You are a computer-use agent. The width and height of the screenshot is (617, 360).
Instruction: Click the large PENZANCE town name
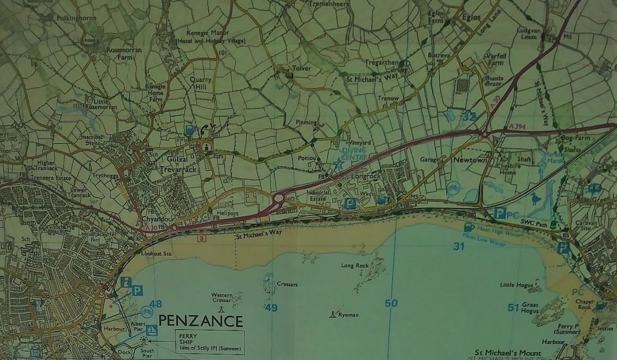pos(200,321)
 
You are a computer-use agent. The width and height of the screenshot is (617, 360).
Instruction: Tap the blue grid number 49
pos(271,308)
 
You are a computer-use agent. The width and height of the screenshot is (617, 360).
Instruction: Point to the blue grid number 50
pos(391,303)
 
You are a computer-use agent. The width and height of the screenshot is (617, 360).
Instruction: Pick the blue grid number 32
pos(469,117)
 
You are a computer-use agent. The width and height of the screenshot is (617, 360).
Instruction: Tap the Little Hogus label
pos(513,285)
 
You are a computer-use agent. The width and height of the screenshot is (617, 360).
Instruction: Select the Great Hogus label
pos(530,308)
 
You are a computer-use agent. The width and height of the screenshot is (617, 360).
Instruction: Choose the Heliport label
pos(227,213)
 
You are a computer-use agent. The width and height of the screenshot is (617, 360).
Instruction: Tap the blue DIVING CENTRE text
pos(354,153)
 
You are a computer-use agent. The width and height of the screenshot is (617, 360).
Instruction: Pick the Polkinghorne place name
pos(76,18)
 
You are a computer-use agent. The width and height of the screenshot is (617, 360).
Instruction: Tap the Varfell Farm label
pos(495,59)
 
